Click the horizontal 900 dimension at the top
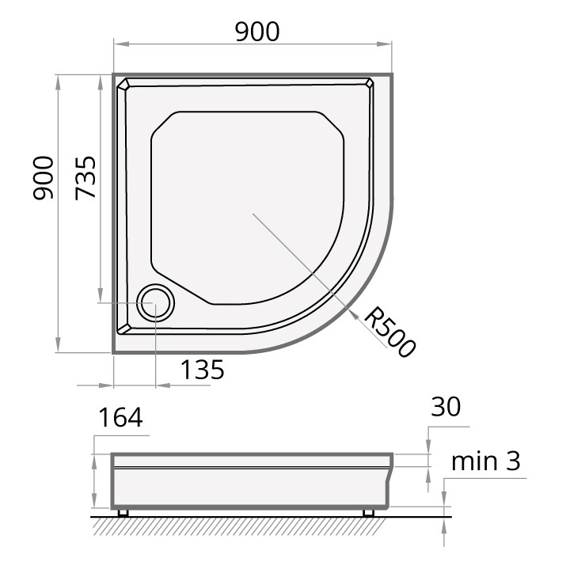tap(257, 32)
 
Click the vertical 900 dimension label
tap(44, 178)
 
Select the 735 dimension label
tap(85, 178)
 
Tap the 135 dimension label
tap(202, 370)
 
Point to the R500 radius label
tap(389, 332)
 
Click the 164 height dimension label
tap(120, 418)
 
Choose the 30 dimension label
tap(446, 407)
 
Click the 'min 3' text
tap(486, 461)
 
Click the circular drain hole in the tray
tap(155, 302)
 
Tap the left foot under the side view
tap(123, 513)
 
